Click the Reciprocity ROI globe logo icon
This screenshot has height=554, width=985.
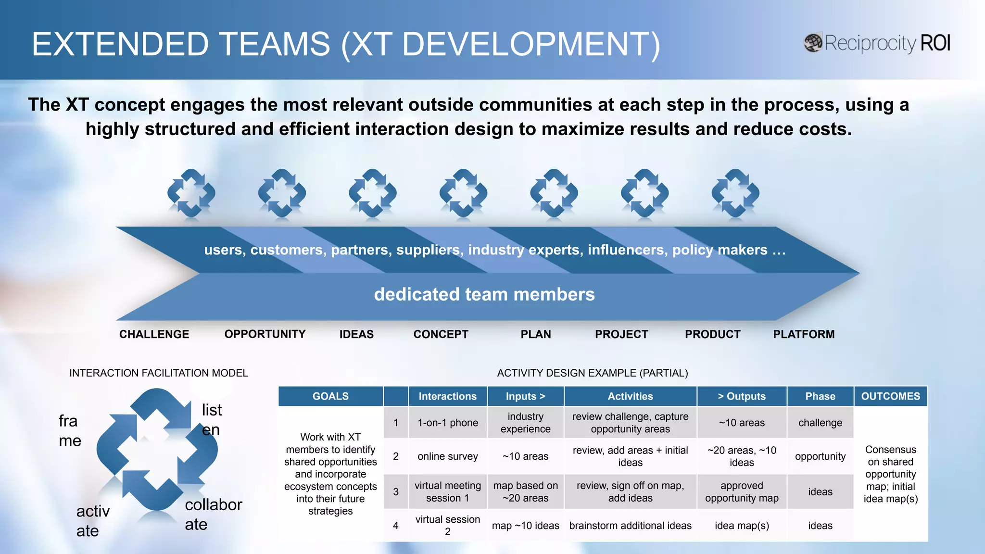[x=813, y=43]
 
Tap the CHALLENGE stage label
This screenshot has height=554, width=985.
[x=154, y=334]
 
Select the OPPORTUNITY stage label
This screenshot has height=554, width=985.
[x=265, y=334]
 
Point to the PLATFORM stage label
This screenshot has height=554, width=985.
[x=804, y=334]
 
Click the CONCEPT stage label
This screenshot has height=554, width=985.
[x=441, y=334]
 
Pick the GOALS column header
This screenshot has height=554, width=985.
[x=330, y=396]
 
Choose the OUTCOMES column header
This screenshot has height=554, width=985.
[x=890, y=396]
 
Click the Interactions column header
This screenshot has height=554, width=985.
[x=447, y=396]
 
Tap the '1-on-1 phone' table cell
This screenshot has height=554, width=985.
[x=448, y=423]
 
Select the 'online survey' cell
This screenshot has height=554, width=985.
[x=448, y=456]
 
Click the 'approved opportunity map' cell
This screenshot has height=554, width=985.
[x=742, y=492]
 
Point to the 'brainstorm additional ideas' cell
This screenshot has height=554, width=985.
[x=630, y=526]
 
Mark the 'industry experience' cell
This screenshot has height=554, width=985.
[x=525, y=423]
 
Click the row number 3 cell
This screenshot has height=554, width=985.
[x=396, y=492]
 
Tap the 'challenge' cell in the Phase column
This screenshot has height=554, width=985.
[x=820, y=423]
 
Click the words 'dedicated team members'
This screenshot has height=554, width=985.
[x=484, y=294]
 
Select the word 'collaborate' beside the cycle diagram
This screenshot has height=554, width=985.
[x=213, y=514]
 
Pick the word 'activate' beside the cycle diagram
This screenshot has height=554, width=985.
[x=92, y=521]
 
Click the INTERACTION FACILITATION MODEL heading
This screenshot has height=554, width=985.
[x=158, y=373]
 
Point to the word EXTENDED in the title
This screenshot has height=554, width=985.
[x=120, y=44]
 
